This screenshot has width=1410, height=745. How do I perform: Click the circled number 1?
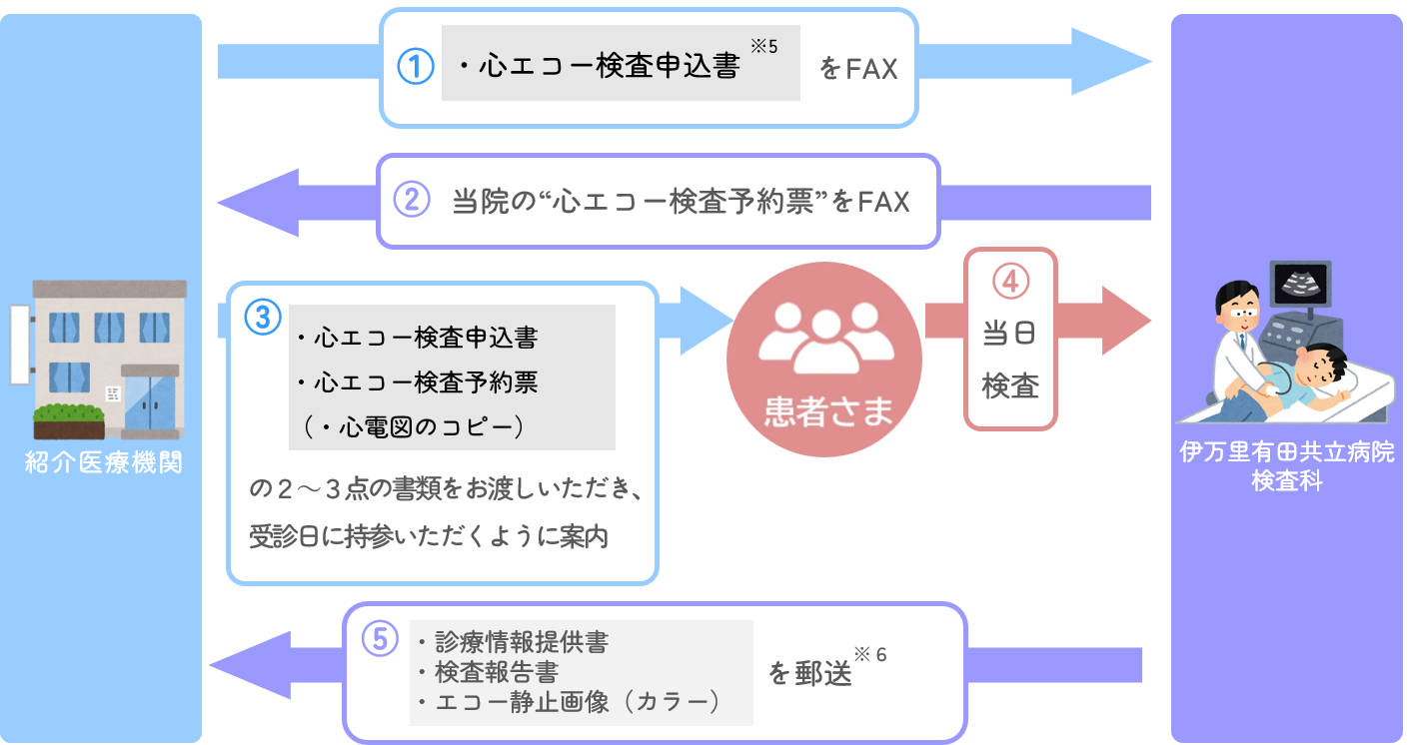[x=416, y=68]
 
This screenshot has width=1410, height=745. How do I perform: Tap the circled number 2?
[x=411, y=201]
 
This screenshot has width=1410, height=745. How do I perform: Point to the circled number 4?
[x=1010, y=282]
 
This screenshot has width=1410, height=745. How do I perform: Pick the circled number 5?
[x=379, y=639]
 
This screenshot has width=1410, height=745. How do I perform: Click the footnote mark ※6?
[x=870, y=655]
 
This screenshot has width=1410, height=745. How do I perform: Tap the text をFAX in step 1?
[x=858, y=70]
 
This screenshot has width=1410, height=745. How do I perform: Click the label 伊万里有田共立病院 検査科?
[x=1287, y=465]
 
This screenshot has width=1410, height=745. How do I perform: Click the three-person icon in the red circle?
[x=825, y=341]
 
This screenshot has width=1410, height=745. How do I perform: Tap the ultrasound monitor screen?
[x=1299, y=284]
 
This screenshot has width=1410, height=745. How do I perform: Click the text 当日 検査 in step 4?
[x=1010, y=361]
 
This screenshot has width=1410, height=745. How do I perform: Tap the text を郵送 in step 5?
[x=810, y=674]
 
